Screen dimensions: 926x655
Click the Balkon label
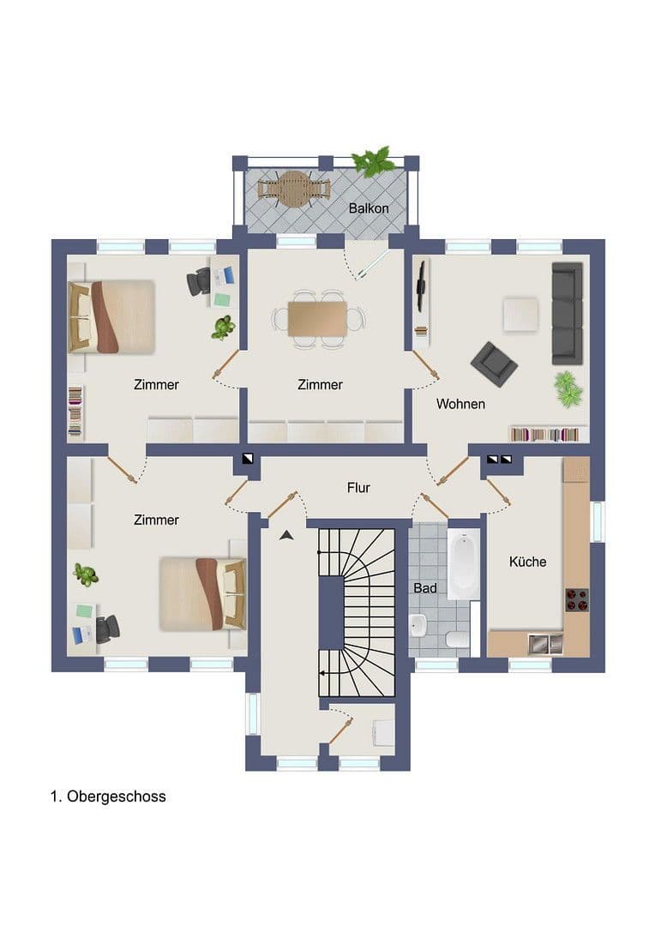click(x=369, y=208)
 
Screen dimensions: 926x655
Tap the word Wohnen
click(x=460, y=404)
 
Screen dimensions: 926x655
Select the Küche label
click(x=527, y=562)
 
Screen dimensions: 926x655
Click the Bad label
click(x=425, y=589)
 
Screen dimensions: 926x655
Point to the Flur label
click(x=358, y=488)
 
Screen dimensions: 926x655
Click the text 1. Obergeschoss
click(x=108, y=797)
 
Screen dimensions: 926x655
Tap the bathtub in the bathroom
click(x=463, y=565)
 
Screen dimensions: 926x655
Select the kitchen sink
click(x=544, y=643)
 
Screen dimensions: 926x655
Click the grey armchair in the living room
click(x=494, y=364)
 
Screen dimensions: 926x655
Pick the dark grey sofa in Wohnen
click(x=567, y=312)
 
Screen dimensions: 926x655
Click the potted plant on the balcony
click(x=374, y=161)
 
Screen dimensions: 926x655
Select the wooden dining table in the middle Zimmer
click(x=317, y=318)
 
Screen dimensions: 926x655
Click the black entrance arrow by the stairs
click(x=286, y=536)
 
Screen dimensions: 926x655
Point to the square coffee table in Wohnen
click(x=520, y=313)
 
